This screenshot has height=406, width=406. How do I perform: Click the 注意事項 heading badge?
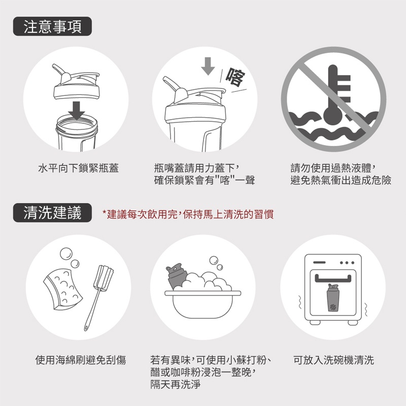pos(52,26)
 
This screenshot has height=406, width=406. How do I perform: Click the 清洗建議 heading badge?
pos(52,213)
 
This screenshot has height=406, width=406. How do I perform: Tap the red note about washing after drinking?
pos(188,214)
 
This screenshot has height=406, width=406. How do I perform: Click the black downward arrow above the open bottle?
pos(77,111)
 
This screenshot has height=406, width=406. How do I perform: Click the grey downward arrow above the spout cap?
pos(208,66)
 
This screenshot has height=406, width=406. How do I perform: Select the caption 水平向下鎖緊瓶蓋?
pos(79,168)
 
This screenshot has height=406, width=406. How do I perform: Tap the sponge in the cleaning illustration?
pos(63,289)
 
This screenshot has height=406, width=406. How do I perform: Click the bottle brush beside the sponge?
pos(98,297)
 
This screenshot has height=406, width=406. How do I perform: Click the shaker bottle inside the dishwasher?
pos(333,297)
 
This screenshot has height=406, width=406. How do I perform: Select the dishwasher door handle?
pos(333,279)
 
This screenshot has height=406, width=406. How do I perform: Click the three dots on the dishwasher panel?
pos(347,262)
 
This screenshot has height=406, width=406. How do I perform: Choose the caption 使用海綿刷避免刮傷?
pos(81,360)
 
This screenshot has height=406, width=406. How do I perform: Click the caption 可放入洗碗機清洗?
pos(334,360)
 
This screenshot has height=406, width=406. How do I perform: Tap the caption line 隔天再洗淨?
pos(175,384)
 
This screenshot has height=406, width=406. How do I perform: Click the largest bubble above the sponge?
pos(66,254)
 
